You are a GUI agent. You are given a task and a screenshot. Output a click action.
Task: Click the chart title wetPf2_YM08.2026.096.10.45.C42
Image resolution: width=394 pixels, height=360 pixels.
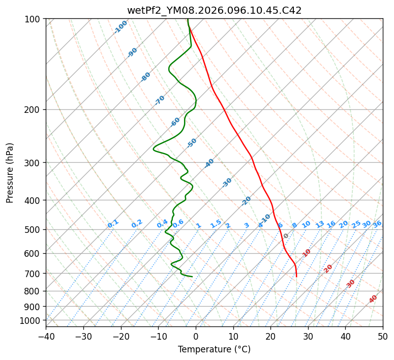(x=214, y=10)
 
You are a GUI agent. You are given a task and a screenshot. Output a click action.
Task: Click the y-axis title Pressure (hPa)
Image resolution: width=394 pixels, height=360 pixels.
(x=10, y=172)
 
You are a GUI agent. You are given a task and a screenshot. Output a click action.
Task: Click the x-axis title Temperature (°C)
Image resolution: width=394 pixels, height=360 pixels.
(x=214, y=349)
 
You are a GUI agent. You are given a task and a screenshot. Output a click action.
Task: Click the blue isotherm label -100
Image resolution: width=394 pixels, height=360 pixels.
(x=120, y=27)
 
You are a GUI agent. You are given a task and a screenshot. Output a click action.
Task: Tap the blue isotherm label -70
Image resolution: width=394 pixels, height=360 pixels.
(x=160, y=100)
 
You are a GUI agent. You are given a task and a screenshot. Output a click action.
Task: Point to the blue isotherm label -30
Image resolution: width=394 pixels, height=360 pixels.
(x=227, y=183)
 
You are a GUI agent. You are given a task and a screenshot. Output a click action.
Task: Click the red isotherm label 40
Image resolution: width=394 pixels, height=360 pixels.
(x=373, y=299)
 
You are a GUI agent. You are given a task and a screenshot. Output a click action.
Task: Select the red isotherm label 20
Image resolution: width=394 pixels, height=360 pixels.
(x=328, y=268)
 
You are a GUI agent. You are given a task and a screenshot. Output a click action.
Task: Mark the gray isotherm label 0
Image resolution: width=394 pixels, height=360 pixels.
(x=286, y=236)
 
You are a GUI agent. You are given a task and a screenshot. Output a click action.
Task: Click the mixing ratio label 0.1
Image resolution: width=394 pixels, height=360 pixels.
(x=113, y=224)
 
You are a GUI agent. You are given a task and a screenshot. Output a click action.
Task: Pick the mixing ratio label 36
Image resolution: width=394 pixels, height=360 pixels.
(x=377, y=224)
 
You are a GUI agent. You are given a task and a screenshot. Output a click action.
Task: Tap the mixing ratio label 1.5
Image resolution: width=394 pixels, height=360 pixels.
(x=216, y=224)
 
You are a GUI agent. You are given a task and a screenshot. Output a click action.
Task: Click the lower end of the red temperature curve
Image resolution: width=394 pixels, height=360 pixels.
(x=296, y=277)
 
